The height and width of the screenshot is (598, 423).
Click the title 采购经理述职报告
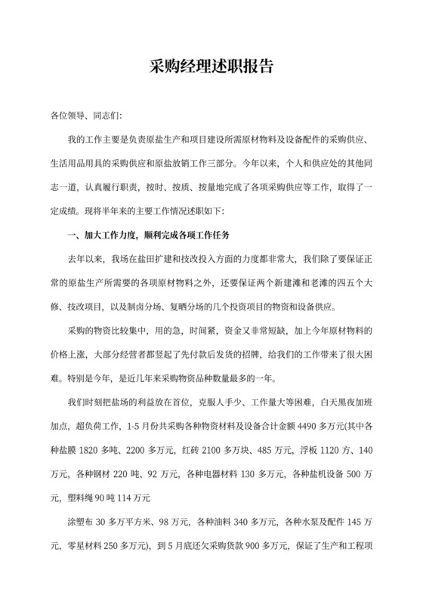[211, 67]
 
